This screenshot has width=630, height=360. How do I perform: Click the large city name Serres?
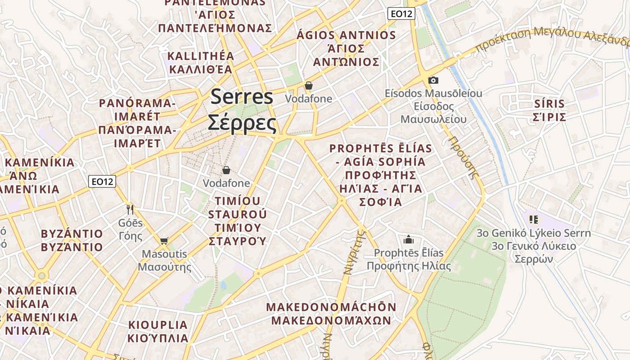(242, 97)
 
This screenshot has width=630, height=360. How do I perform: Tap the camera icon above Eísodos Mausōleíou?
(433, 80)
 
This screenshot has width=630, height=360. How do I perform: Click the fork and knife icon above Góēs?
(130, 209)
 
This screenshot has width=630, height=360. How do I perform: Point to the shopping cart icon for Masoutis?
(164, 241)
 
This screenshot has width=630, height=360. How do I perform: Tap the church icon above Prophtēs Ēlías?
(409, 239)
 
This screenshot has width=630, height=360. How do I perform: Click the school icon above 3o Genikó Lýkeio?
(534, 220)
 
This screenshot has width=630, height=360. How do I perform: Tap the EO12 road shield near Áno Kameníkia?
(102, 181)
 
